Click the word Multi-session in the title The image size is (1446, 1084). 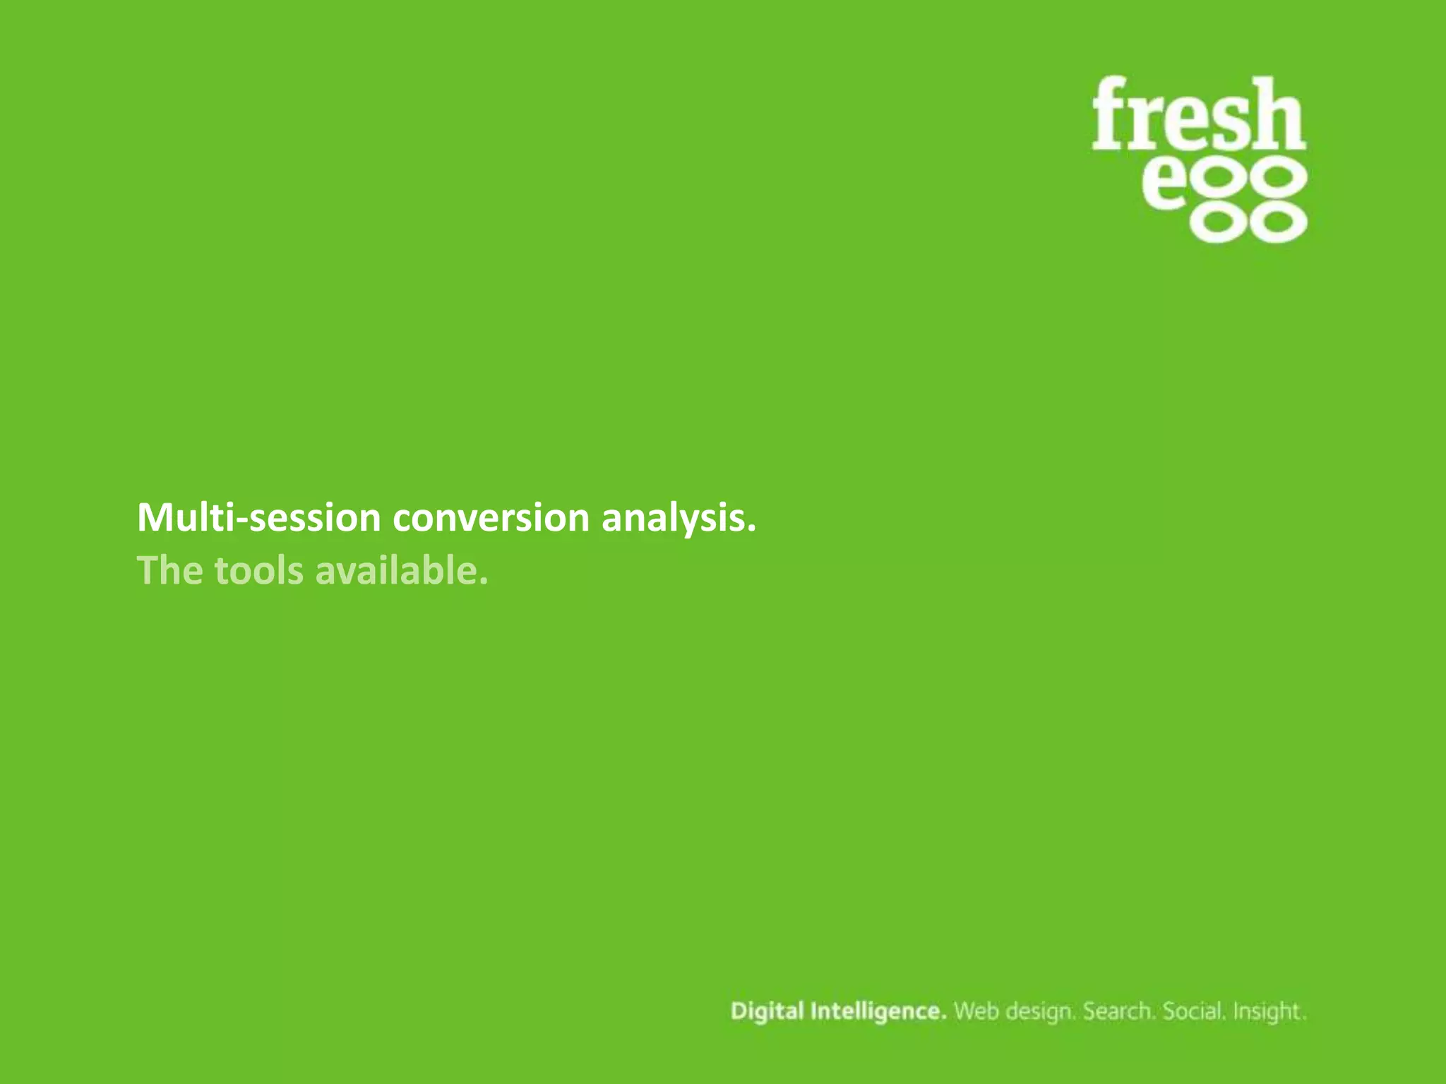point(258,517)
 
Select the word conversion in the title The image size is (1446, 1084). point(491,517)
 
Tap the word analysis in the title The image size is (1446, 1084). point(679,519)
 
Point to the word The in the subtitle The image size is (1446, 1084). point(170,570)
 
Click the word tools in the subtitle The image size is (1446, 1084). point(258,570)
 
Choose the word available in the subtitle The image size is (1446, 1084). point(401,570)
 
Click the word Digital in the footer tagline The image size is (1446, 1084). point(767,1011)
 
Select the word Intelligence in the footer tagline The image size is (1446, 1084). point(878,1012)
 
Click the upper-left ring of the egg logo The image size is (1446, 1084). point(1222,179)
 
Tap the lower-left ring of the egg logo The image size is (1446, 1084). point(1222,222)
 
